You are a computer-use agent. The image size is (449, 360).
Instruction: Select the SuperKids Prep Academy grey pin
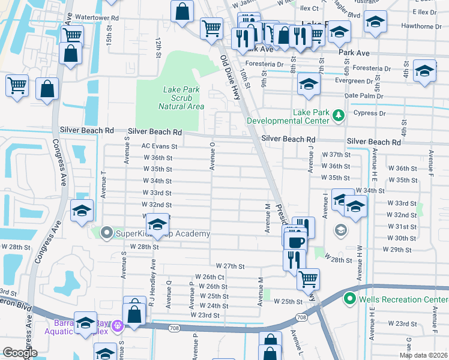click(x=107, y=232)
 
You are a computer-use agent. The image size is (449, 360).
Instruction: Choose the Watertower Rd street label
click(x=97, y=18)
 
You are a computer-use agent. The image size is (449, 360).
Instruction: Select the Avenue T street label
click(x=104, y=184)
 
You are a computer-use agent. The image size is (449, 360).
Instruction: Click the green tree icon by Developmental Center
click(x=339, y=114)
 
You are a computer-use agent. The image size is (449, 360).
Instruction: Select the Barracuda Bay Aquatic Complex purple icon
click(x=117, y=326)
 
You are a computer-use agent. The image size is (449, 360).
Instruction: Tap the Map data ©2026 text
click(x=423, y=355)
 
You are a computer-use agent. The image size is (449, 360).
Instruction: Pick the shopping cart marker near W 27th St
click(x=308, y=278)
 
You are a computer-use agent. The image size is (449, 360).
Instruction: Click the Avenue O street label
click(x=212, y=156)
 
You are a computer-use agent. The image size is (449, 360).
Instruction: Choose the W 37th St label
click(x=336, y=154)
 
